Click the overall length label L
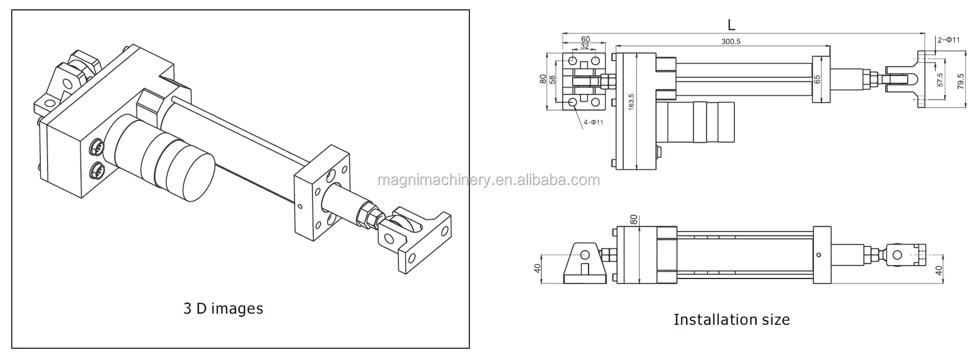tap(731, 25)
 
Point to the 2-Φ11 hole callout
tap(949, 40)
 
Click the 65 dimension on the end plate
tap(817, 79)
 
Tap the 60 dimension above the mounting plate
tap(585, 40)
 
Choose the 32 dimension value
tap(584, 46)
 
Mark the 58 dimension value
tap(553, 80)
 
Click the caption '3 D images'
tap(223, 308)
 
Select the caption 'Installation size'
tap(731, 319)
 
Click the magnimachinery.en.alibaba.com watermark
tap(488, 180)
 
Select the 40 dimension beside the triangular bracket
tap(537, 268)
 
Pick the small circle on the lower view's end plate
tap(818, 254)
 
